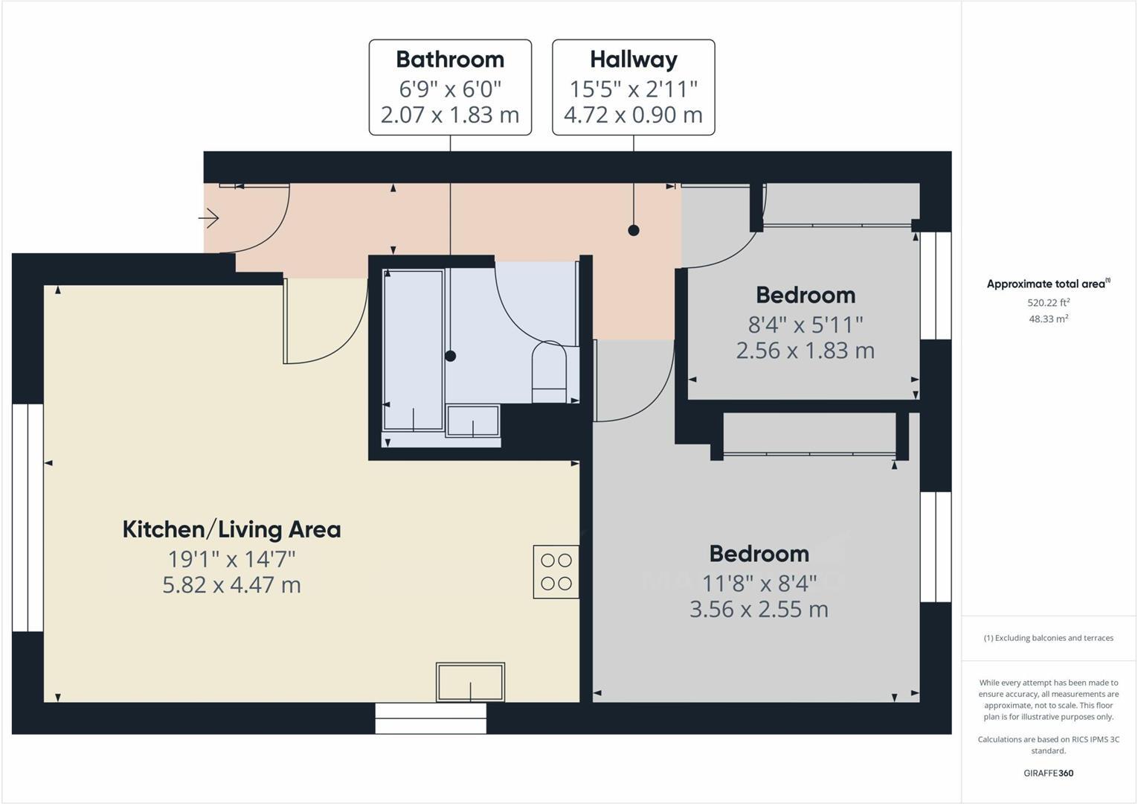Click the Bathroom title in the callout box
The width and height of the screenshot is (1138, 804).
450,60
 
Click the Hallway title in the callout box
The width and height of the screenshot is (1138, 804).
633,60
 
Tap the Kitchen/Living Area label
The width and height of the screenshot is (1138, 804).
231,529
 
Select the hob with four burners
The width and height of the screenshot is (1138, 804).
556,572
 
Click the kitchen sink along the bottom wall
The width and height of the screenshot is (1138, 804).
470,681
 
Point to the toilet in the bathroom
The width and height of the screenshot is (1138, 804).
549,371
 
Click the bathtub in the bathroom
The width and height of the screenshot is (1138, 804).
413,350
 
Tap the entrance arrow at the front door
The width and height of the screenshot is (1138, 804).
209,218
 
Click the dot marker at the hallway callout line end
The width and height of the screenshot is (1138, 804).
634,230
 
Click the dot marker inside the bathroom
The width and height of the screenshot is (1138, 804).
450,356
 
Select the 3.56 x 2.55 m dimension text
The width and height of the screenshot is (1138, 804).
759,610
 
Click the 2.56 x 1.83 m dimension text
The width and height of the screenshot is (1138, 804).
805,351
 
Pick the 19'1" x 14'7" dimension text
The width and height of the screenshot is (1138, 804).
231,558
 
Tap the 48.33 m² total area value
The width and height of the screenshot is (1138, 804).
1048,319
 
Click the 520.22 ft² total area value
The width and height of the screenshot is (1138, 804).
1048,303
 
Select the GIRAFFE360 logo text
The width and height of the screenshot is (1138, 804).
1048,773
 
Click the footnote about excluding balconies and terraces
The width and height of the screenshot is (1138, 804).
1048,638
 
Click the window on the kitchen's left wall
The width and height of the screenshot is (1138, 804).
28,518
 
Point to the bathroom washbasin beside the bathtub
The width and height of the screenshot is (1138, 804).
472,421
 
